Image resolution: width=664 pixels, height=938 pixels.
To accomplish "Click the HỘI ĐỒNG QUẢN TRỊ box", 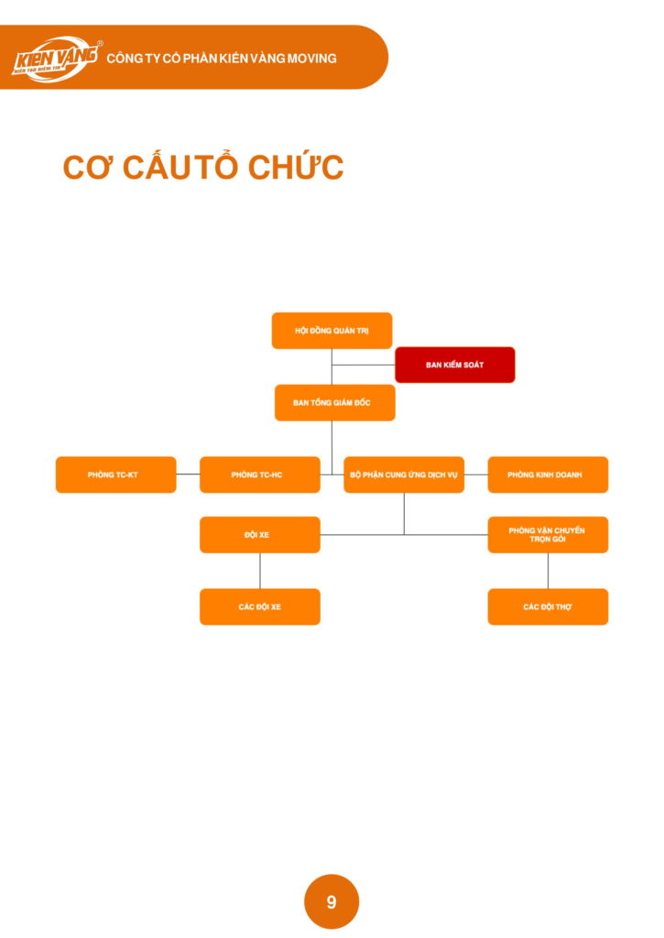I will click(332, 331).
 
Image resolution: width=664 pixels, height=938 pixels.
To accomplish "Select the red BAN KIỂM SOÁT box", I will click(454, 365).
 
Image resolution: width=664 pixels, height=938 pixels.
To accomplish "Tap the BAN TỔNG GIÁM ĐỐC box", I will click(334, 402).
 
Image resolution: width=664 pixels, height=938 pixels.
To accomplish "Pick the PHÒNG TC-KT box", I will click(115, 474).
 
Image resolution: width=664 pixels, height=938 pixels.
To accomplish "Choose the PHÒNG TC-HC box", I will click(259, 474).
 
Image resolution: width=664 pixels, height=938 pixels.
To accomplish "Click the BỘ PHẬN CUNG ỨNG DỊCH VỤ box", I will click(404, 474).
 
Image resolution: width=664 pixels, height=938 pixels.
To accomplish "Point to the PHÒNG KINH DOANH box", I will click(548, 474).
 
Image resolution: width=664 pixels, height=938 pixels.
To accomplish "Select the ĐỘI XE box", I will click(259, 535).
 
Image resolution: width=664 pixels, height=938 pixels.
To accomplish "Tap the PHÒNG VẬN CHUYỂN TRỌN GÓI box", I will click(548, 535).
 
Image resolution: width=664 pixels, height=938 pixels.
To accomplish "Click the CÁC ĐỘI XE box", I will click(259, 606).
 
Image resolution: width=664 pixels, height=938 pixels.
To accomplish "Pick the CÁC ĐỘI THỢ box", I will click(548, 606).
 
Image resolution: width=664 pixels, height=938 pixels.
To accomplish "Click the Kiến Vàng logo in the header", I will click(55, 58).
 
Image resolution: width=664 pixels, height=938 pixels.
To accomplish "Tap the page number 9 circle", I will click(332, 901).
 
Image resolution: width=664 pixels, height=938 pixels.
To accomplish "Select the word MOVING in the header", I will click(312, 58).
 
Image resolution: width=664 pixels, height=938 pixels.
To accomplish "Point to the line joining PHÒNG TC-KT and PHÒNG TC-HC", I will click(188, 474).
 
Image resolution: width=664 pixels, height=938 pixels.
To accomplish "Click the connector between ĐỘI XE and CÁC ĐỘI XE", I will click(260, 571).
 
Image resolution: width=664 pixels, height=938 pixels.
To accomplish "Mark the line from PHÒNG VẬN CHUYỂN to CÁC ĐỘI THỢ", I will click(548, 571).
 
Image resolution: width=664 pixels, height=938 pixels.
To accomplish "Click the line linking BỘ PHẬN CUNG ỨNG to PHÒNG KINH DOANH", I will click(475, 474).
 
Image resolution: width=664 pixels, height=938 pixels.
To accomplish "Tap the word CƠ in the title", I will click(87, 169).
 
